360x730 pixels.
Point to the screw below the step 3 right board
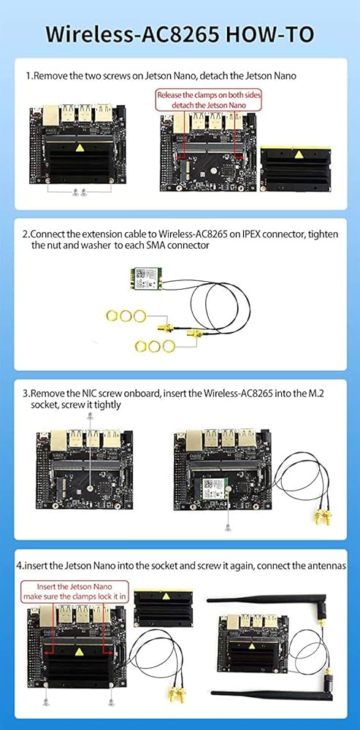pyautogui.click(x=229, y=525)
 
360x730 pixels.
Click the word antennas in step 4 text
pyautogui.click(x=323, y=566)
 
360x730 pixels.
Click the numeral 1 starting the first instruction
pyautogui.click(x=28, y=75)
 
